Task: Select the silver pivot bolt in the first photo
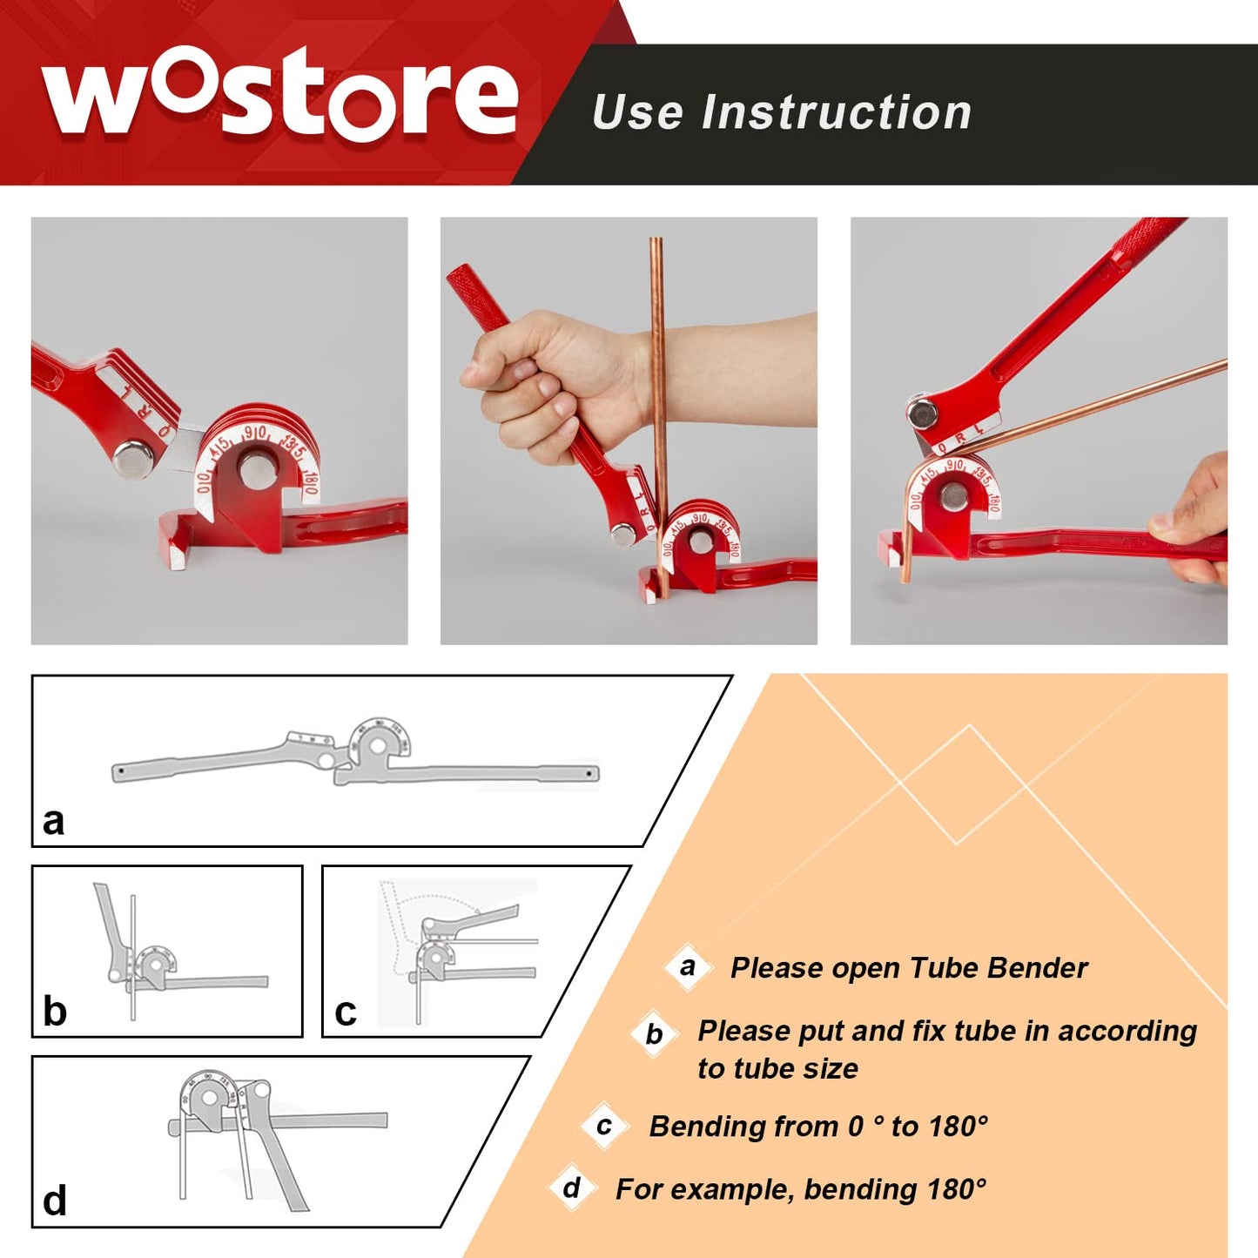[x=134, y=458]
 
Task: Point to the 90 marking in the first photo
[x=254, y=433]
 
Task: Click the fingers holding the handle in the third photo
[x=1193, y=531]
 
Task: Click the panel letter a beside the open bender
[x=53, y=821]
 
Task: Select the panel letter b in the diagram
[x=54, y=1012]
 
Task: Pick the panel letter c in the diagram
[x=346, y=1012]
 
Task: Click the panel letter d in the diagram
[x=54, y=1201]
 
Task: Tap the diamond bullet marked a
[x=688, y=966]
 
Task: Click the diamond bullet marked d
[x=572, y=1187]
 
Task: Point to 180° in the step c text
[x=958, y=1127]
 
